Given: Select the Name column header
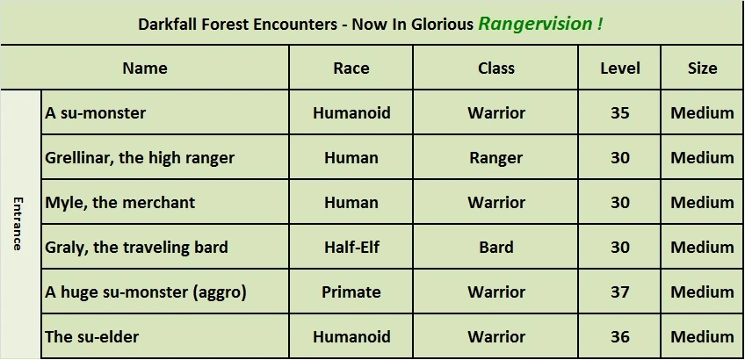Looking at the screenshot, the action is pyautogui.click(x=145, y=68).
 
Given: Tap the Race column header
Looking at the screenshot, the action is pyautogui.click(x=351, y=68).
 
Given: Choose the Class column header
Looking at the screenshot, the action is pyautogui.click(x=496, y=68).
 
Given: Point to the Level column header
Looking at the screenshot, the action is pyautogui.click(x=620, y=68).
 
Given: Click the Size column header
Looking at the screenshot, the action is pyautogui.click(x=702, y=68).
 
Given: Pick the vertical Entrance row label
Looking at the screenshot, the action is pyautogui.click(x=17, y=224).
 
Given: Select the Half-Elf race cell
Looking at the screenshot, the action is pyautogui.click(x=351, y=247).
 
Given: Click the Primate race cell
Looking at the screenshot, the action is pyautogui.click(x=351, y=292).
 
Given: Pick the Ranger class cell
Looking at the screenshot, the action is pyautogui.click(x=496, y=158).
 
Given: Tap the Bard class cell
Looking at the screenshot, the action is pyautogui.click(x=496, y=247).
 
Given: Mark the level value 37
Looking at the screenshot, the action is pyautogui.click(x=620, y=292).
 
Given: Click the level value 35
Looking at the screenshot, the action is pyautogui.click(x=620, y=113).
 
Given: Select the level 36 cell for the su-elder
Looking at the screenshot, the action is pyautogui.click(x=620, y=336).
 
